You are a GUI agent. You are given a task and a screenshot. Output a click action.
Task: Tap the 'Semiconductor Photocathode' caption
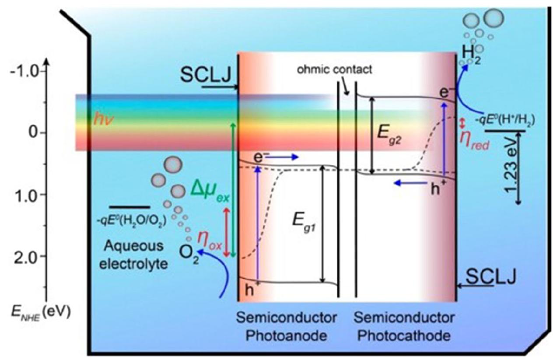404,326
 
